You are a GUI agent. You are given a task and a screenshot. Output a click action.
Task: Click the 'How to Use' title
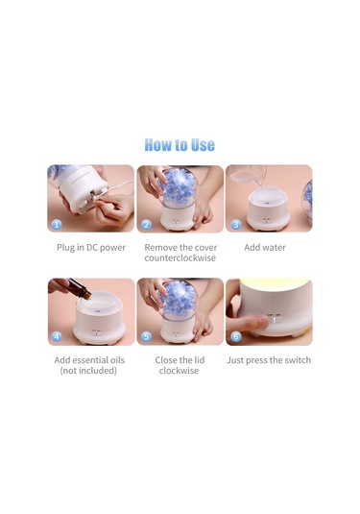(180, 145)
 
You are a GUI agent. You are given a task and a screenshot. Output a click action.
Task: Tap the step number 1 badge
(57, 225)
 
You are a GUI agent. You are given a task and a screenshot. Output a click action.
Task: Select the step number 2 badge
(146, 225)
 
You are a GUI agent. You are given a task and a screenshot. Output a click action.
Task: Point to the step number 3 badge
(236, 225)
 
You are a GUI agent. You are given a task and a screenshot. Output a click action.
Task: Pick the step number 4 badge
(57, 336)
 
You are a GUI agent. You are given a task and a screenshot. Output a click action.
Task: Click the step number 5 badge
(146, 336)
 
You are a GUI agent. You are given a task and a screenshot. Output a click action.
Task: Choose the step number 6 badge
(236, 336)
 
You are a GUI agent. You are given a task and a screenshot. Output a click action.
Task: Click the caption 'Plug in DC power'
(91, 248)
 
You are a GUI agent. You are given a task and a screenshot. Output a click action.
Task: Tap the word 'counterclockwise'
(180, 258)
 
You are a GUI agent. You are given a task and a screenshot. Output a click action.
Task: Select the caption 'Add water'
(265, 247)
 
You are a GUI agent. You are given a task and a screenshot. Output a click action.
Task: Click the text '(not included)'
(88, 371)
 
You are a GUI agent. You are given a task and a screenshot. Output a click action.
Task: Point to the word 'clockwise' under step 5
(179, 371)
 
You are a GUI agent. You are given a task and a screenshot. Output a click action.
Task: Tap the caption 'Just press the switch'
(269, 360)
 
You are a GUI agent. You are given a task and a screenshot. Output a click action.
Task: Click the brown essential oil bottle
(80, 288)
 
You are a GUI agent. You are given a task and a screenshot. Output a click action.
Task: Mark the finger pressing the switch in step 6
(253, 324)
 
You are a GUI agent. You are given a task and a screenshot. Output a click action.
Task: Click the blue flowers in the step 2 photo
(179, 185)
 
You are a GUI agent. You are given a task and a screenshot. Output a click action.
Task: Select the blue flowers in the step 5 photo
(179, 298)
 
